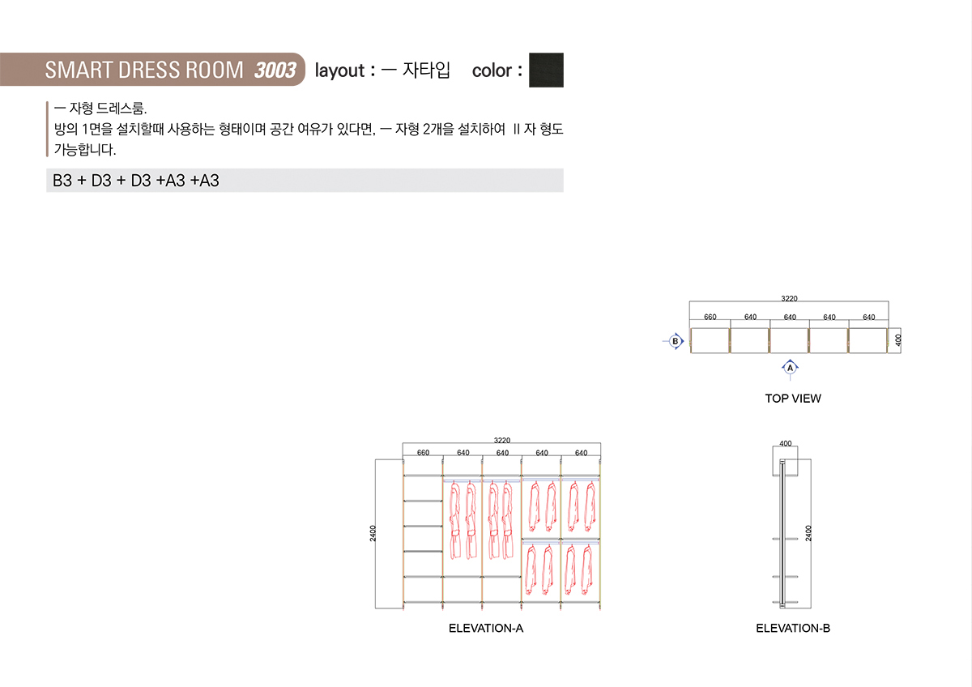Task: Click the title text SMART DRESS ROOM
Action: (143, 70)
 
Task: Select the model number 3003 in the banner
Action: (275, 70)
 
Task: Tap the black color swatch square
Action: (546, 70)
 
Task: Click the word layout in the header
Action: (339, 70)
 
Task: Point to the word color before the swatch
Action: (492, 70)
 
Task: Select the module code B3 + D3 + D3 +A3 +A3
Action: (136, 181)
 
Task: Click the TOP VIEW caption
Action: (793, 398)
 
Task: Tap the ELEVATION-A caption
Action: (486, 628)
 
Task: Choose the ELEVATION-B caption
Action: (793, 628)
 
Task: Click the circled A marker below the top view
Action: (791, 368)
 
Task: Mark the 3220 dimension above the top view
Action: (789, 299)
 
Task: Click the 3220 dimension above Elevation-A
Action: (502, 440)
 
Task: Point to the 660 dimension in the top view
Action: (710, 317)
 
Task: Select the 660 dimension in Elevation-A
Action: (423, 453)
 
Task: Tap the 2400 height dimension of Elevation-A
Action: (373, 533)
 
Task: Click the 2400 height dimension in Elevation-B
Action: (808, 533)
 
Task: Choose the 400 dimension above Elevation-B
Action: (785, 444)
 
